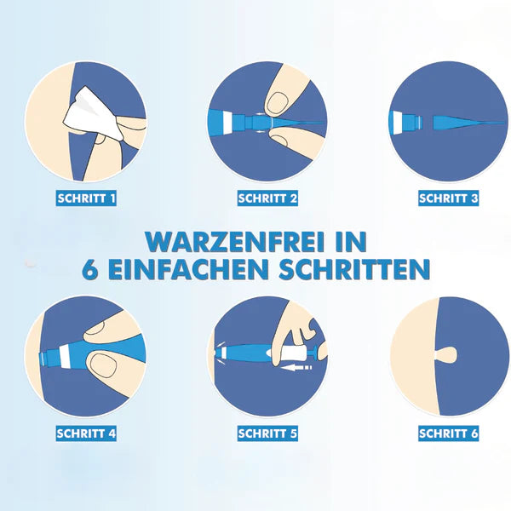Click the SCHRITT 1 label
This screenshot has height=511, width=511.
85,198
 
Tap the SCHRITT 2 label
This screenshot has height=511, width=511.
267,198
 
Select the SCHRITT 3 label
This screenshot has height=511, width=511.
448,198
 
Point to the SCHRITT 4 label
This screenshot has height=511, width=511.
85,433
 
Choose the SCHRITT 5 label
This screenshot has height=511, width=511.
267,433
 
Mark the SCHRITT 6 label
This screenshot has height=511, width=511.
448,433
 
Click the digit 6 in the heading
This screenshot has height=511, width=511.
91,270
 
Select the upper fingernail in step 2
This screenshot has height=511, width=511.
278,103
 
